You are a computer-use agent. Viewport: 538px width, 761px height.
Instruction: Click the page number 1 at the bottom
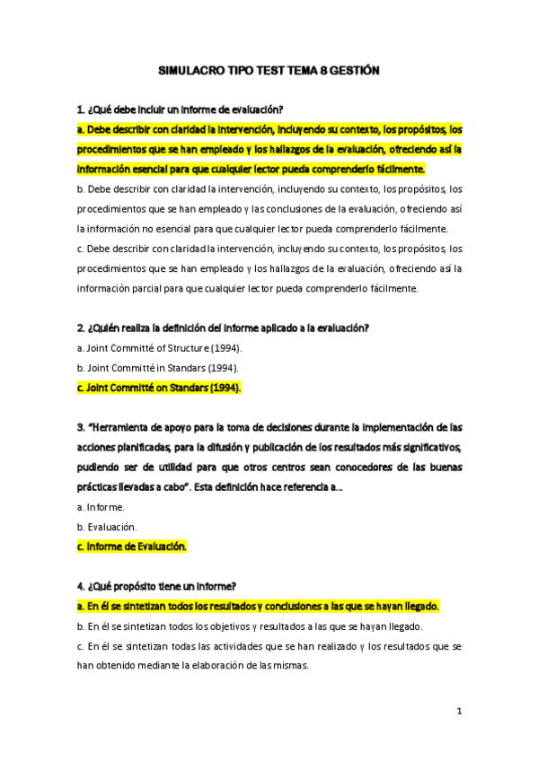click(458, 712)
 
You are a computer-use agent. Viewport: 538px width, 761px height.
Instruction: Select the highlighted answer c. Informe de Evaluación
click(131, 546)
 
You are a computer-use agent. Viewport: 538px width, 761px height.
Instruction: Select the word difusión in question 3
click(283, 446)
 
